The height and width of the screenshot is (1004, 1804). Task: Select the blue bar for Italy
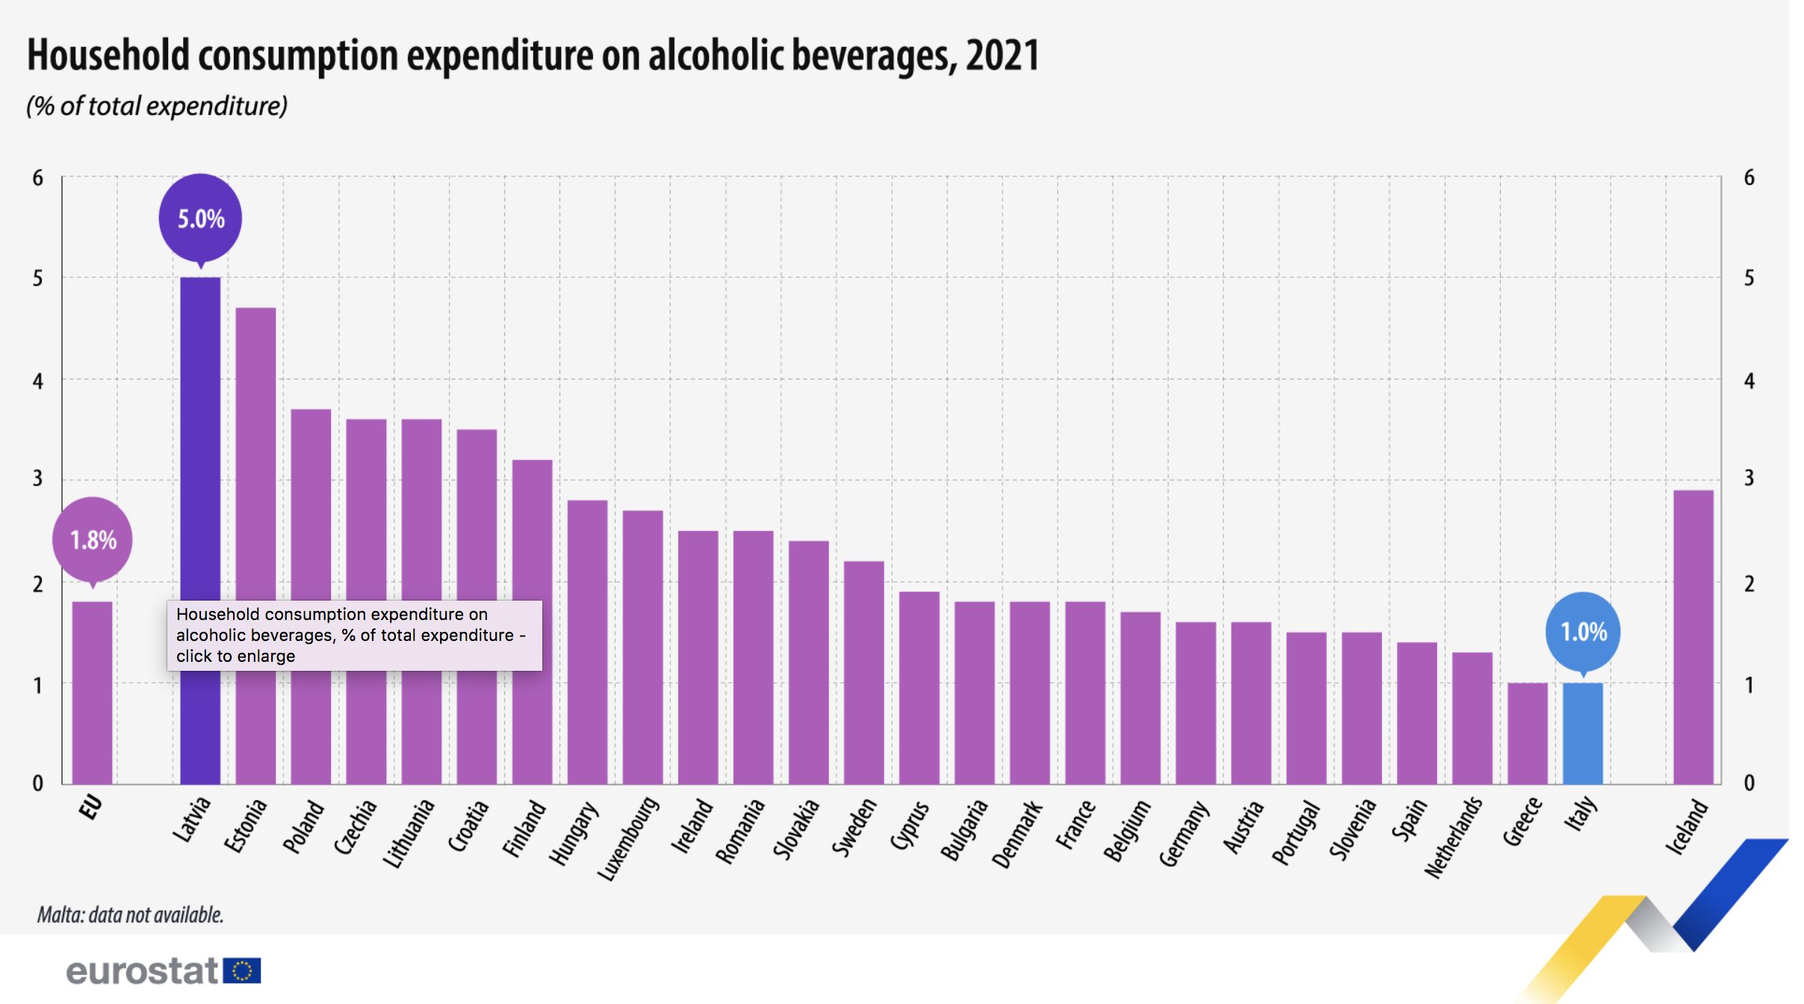click(x=1582, y=733)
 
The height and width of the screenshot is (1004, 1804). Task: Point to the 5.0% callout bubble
click(x=200, y=219)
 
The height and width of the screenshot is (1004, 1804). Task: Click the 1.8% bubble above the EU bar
click(x=93, y=539)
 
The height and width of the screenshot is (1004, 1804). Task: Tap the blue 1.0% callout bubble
click(x=1583, y=632)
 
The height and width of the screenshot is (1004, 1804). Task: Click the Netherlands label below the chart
click(x=1454, y=837)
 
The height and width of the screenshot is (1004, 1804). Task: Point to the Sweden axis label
click(x=855, y=827)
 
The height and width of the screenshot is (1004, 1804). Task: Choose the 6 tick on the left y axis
click(x=37, y=178)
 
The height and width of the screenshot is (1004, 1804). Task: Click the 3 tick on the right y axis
click(x=1749, y=478)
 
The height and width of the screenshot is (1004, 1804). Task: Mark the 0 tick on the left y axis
click(x=37, y=783)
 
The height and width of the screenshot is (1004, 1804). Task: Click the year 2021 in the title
click(x=1002, y=55)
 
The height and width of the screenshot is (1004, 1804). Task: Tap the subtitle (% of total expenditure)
click(x=157, y=106)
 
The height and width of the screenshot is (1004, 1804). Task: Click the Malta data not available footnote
click(x=131, y=914)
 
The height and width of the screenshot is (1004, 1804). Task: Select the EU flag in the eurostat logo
click(x=241, y=970)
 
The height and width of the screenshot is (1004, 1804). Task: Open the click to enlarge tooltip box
click(x=354, y=635)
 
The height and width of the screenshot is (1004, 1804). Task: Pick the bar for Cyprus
click(x=919, y=687)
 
